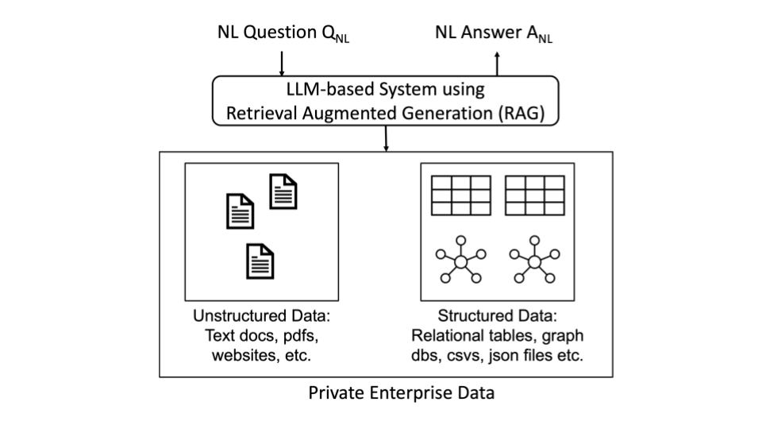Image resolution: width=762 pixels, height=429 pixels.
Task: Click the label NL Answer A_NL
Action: tap(494, 33)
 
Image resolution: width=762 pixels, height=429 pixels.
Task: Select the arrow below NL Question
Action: tap(282, 61)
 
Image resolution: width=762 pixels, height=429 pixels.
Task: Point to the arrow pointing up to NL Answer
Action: tap(497, 61)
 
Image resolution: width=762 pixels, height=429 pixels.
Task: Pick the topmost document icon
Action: tap(283, 191)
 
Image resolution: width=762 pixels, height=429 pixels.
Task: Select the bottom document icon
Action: tap(260, 261)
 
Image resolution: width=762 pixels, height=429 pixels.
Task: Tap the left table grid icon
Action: tap(461, 195)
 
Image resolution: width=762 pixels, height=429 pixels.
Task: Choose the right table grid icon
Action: tap(534, 195)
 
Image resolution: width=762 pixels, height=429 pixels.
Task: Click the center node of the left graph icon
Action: tap(460, 261)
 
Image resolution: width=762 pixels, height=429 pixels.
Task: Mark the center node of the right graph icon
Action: tap(534, 261)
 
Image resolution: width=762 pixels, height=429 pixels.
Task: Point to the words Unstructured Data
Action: tap(261, 315)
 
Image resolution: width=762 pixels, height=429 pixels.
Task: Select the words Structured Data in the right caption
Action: tap(498, 315)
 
